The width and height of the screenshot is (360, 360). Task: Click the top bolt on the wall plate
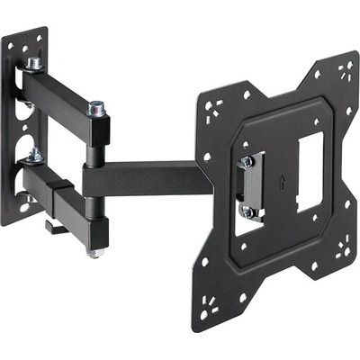34,64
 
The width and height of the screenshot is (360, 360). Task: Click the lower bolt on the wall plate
34,155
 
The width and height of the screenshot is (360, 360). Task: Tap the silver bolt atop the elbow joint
95,109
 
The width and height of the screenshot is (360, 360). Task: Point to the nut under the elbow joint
95,253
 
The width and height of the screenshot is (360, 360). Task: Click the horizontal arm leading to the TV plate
148,177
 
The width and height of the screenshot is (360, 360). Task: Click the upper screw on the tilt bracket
246,162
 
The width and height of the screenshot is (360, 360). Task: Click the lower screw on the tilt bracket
247,212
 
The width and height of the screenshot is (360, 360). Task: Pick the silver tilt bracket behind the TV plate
252,187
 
